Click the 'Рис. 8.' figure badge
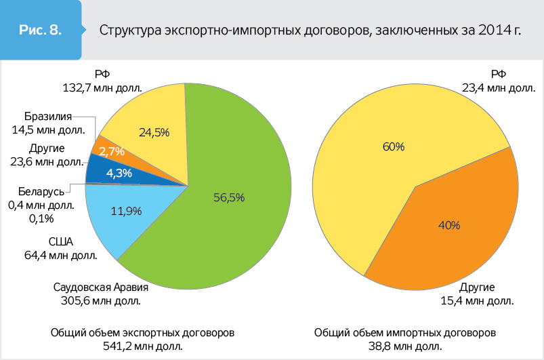(42, 31)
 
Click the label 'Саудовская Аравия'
(101, 287)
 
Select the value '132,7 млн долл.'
(102, 87)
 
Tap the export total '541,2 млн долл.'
(143, 347)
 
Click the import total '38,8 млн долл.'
(405, 347)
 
